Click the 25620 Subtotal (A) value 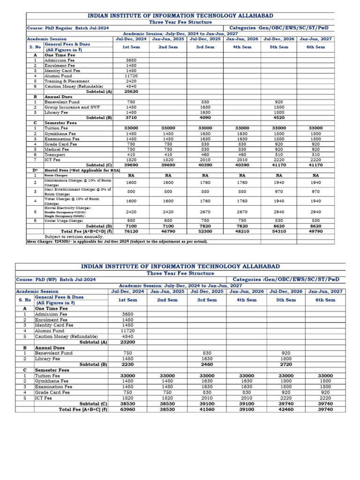(x=131, y=91)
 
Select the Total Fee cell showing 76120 (x=131, y=231)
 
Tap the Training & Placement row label (x=67, y=81)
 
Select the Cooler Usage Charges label (x=64, y=220)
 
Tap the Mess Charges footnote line (x=117, y=242)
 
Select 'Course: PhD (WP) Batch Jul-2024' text (x=56, y=279)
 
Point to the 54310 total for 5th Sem (x=279, y=231)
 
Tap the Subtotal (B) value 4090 (x=205, y=118)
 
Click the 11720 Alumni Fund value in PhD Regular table (x=131, y=76)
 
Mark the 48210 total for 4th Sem (x=242, y=231)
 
